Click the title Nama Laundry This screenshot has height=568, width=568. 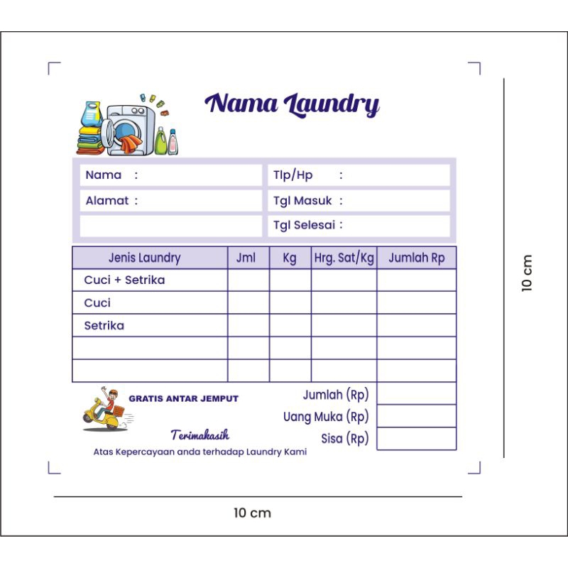292,104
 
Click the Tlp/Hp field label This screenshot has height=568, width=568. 293,175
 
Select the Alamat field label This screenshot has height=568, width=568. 107,201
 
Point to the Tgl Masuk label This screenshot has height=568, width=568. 302,201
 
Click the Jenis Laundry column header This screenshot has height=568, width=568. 144,258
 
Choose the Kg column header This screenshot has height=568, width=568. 290,258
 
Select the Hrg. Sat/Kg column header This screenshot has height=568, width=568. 344,258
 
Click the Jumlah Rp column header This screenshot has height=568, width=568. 416,258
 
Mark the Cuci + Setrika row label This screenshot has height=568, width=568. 124,280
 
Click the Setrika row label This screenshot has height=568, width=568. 104,326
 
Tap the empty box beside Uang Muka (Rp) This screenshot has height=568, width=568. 416,416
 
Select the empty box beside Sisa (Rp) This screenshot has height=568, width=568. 416,439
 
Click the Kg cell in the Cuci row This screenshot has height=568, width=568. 290,303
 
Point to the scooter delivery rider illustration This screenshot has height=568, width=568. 104,410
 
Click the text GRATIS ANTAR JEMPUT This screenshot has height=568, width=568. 183,399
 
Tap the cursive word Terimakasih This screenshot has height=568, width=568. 200,435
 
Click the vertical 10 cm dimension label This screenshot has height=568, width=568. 527,273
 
